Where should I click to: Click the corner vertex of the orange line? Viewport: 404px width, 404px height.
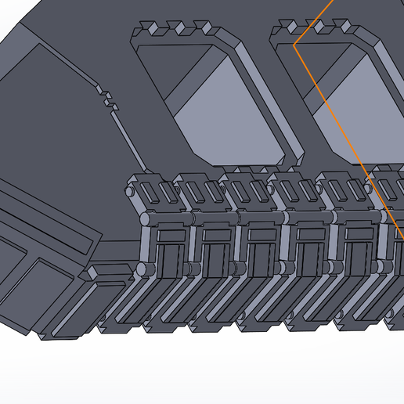tap(294, 45)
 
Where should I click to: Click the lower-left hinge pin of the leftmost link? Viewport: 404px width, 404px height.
tap(142, 269)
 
